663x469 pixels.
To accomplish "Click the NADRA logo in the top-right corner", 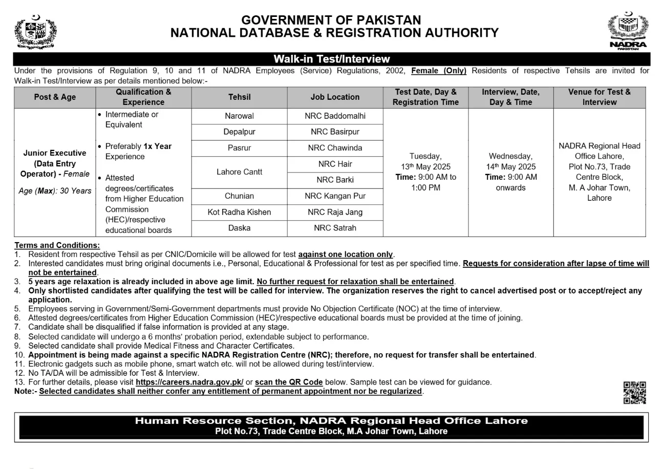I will tap(628, 30).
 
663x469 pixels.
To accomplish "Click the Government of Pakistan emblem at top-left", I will tap(35, 32).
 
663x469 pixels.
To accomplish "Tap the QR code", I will tap(634, 393).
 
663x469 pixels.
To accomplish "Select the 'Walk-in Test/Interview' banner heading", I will tap(331, 59).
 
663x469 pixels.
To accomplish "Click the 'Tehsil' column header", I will tap(239, 97).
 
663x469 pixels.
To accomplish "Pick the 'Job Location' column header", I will tap(335, 97).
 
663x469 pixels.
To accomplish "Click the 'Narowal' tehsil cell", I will tap(239, 116).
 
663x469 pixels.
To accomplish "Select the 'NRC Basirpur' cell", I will tap(335, 132).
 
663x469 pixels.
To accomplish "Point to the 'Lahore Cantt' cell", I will tap(239, 172).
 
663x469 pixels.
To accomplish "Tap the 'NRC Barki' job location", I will tap(335, 180).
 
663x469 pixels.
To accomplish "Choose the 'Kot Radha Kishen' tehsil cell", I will tap(239, 212).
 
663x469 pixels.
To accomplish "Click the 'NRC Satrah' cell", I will tap(335, 228).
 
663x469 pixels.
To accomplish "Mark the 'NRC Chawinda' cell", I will tap(335, 148).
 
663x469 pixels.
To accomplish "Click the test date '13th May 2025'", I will tap(425, 167).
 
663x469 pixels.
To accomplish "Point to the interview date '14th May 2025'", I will tap(511, 167).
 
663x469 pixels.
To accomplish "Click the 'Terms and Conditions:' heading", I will tap(57, 245).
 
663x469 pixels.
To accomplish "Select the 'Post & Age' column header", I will tap(55, 97).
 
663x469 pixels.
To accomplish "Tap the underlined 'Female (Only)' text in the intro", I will tap(439, 71).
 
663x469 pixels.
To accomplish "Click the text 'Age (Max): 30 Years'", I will tap(55, 191).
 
